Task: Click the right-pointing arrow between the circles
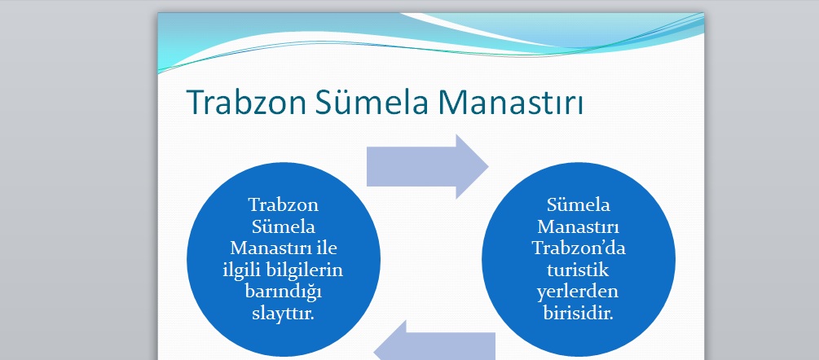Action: click(427, 166)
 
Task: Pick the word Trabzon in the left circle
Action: click(284, 204)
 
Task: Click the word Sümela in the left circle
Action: click(284, 226)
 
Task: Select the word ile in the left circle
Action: click(326, 248)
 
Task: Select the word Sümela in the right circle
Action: click(579, 204)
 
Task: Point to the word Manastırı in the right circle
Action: click(579, 226)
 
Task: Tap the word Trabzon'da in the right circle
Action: click(579, 248)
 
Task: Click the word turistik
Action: click(579, 270)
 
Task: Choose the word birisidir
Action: click(579, 314)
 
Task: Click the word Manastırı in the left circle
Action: click(270, 248)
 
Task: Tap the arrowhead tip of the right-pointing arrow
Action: click(488, 166)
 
